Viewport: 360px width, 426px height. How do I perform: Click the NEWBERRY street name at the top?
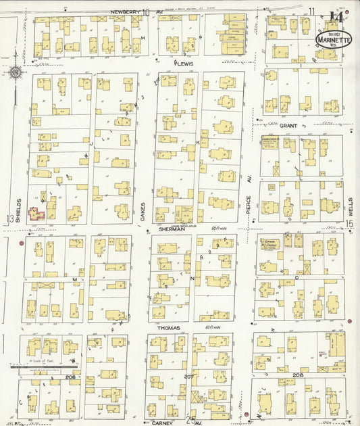[x=126, y=11]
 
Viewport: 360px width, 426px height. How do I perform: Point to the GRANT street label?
[x=288, y=126]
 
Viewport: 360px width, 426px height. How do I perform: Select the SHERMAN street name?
[x=172, y=229]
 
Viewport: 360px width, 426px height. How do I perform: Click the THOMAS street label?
[x=170, y=327]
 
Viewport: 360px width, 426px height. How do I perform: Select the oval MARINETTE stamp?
[x=334, y=39]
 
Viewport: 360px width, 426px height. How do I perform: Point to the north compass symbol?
[x=15, y=72]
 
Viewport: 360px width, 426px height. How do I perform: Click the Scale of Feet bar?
[x=43, y=366]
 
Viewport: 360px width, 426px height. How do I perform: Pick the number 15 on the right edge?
[x=350, y=224]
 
